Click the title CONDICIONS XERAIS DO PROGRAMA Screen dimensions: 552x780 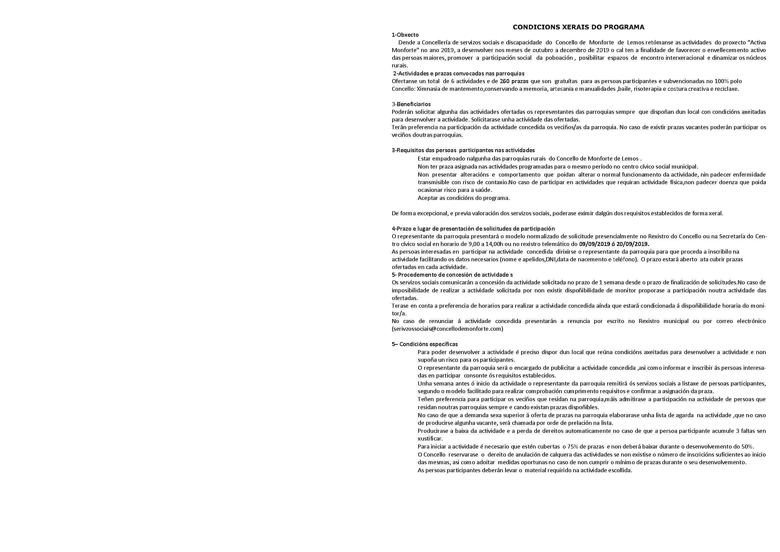[x=579, y=27]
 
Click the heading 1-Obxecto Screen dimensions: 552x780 [x=405, y=35]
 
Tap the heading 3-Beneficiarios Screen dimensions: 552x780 [x=411, y=104]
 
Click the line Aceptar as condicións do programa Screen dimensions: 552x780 [x=464, y=198]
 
